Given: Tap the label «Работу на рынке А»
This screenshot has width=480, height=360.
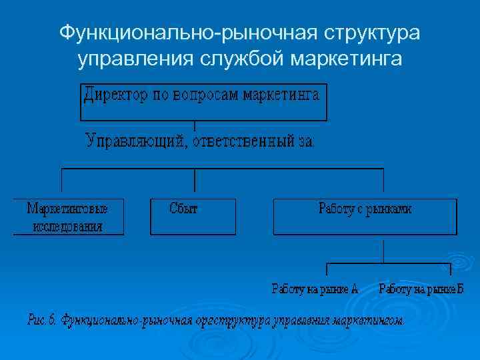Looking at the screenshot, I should [x=315, y=289].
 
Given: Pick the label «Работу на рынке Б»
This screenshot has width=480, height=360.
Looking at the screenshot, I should [x=421, y=289].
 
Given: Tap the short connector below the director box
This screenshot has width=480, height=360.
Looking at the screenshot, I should [x=194, y=125].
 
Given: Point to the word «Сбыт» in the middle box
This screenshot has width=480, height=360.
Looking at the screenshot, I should [x=184, y=209].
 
